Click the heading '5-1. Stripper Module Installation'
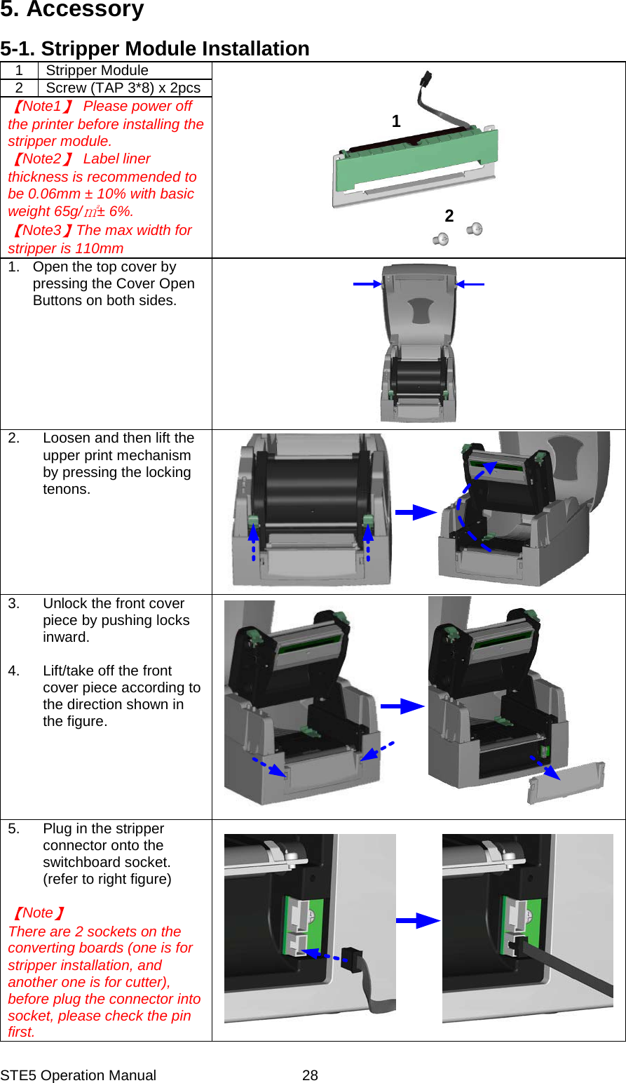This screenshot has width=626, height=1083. [x=155, y=48]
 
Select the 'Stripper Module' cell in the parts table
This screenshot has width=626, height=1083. [x=97, y=70]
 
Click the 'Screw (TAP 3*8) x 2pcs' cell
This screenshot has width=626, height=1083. [x=123, y=88]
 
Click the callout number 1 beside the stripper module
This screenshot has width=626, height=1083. [x=396, y=121]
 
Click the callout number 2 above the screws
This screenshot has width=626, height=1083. [x=449, y=216]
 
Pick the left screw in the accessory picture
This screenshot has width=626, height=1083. [x=441, y=239]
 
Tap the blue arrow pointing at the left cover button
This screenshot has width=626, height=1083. [x=367, y=284]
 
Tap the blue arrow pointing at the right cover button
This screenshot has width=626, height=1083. [x=470, y=284]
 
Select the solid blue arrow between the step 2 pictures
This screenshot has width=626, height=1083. [x=416, y=512]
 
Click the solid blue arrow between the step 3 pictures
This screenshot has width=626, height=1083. [x=402, y=706]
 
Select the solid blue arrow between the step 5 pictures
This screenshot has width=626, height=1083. [x=418, y=920]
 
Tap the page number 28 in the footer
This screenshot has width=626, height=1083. [x=310, y=1075]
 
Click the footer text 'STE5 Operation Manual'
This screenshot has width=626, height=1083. [x=79, y=1075]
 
